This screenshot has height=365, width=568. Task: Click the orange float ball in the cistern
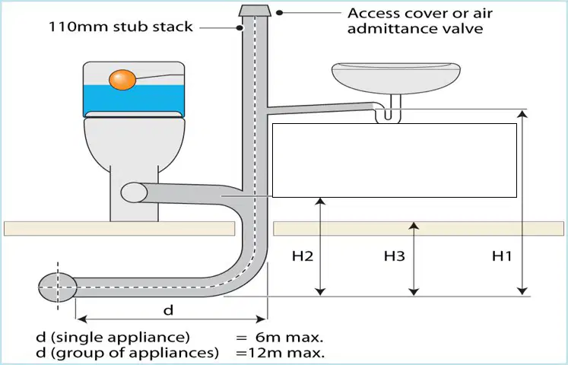122,80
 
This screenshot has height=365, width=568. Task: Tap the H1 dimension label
502,256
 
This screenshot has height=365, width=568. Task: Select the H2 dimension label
303,256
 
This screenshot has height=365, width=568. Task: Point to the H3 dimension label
394,256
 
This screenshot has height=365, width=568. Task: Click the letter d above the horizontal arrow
169,310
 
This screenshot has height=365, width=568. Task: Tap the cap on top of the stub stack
255,11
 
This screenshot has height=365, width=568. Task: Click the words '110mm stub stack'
121,27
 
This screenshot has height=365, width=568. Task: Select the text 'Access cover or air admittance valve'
420,21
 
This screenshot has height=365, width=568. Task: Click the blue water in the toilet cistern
134,100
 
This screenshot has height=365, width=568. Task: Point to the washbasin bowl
396,78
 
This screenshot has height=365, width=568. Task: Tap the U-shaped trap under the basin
388,115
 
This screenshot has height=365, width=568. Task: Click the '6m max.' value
289,338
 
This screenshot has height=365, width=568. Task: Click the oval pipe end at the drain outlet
58,287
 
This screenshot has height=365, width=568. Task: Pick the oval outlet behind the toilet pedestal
134,192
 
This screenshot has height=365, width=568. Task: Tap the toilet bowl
134,144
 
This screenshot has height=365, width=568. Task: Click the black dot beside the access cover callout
279,13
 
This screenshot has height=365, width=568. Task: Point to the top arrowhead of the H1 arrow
522,114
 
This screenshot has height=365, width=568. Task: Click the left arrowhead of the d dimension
82,319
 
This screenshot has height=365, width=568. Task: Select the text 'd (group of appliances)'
128,352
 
